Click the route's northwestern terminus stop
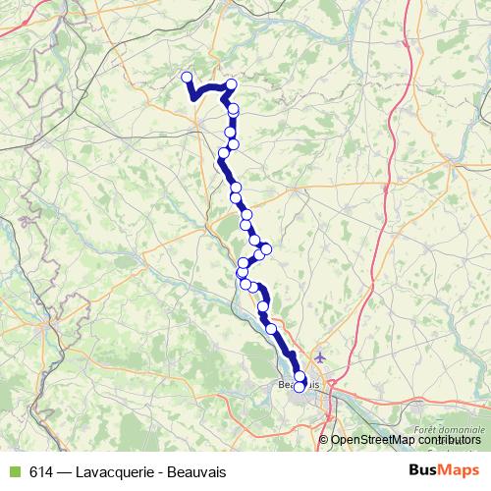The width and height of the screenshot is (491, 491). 187,77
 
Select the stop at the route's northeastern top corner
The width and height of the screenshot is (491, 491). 231,84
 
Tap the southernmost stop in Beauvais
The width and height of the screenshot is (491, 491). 300,387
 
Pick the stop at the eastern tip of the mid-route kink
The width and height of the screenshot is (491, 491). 265,248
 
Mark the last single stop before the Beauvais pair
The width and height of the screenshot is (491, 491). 271,328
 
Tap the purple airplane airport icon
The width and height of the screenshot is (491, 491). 320,355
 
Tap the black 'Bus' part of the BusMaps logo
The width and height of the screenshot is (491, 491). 425,470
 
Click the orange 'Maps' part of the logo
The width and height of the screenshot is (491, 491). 460,470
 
